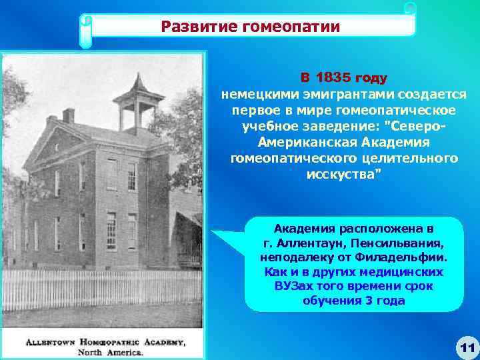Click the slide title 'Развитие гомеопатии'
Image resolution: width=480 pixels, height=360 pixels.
(251, 27)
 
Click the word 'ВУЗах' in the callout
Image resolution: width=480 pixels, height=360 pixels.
(293, 286)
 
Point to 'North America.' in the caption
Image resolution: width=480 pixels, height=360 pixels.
(110, 352)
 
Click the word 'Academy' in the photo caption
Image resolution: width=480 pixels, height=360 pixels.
(164, 342)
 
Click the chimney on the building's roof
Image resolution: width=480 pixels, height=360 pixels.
(69, 116)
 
